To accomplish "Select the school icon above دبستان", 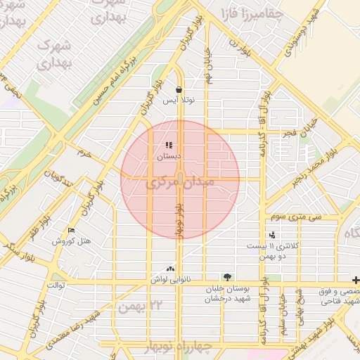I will pyautogui.click(x=169, y=146).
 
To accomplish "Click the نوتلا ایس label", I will pyautogui.click(x=179, y=101).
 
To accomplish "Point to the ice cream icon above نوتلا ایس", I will pyautogui.click(x=179, y=90).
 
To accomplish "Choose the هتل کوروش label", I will pyautogui.click(x=72, y=241).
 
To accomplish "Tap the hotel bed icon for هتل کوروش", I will pyautogui.click(x=71, y=231).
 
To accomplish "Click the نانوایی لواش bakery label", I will pyautogui.click(x=169, y=279).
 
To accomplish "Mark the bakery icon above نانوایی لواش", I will pyautogui.click(x=169, y=269).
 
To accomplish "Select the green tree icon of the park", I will pyautogui.click(x=226, y=277).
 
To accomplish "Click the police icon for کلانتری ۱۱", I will pyautogui.click(x=271, y=236).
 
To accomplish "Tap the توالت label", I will pyautogui.click(x=56, y=285).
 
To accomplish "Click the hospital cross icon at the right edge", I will pyautogui.click(x=356, y=279).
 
